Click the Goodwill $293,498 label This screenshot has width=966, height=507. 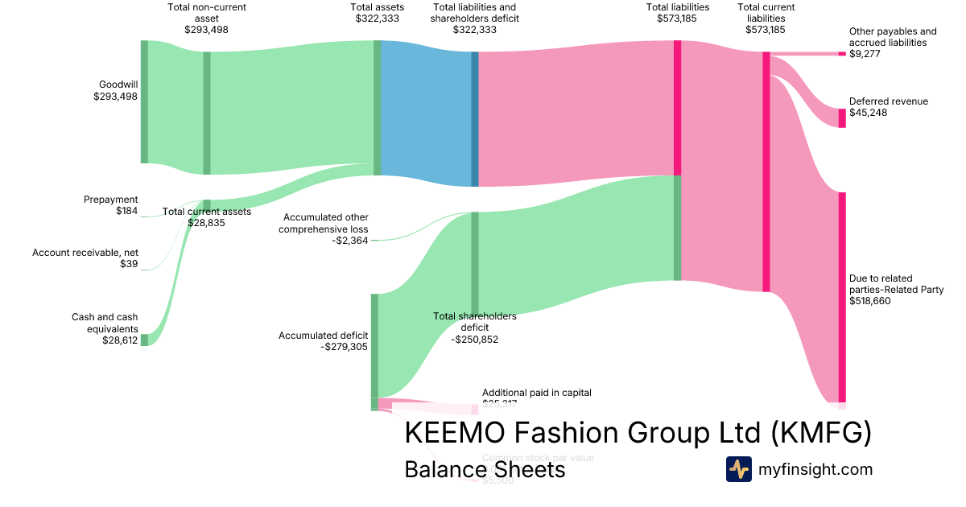(x=116, y=90)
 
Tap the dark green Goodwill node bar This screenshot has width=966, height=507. (x=145, y=101)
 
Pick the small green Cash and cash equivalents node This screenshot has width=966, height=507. (x=145, y=340)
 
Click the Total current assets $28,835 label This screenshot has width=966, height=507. (x=207, y=217)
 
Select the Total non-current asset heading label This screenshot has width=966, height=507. (x=207, y=13)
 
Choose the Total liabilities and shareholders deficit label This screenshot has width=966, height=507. (x=474, y=19)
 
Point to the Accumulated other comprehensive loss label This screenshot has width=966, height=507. (x=324, y=229)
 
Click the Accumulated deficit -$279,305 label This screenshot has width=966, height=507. (x=323, y=341)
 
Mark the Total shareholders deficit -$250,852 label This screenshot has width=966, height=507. (x=474, y=328)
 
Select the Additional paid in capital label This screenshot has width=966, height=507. (x=536, y=394)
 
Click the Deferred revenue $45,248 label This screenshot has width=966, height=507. (x=888, y=107)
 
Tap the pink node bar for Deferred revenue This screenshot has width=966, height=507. (x=842, y=118)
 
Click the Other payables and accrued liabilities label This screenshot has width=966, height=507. (x=893, y=43)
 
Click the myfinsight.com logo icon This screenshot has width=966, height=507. (x=739, y=469)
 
